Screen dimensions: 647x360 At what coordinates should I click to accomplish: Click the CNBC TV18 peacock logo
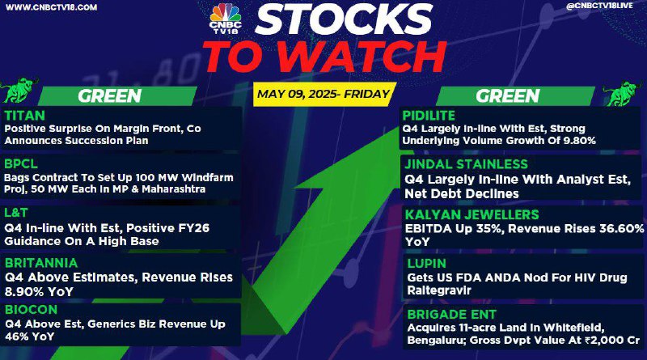[x=226, y=19]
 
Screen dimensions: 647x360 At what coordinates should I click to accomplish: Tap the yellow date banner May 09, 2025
[x=324, y=94]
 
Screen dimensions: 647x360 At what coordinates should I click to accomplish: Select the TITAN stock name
[x=25, y=116]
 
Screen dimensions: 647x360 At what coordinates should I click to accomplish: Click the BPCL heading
[x=21, y=164]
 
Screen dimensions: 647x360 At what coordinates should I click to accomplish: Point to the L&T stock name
[x=16, y=213]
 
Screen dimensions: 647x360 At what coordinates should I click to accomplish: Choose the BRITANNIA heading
[x=41, y=263]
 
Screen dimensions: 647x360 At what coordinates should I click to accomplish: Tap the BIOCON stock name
[x=32, y=310]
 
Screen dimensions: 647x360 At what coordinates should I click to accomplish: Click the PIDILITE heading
[x=429, y=116]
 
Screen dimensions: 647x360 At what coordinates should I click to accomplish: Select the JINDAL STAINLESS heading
[x=467, y=164]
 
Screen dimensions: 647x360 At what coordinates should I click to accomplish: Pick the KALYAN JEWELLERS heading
[x=472, y=214]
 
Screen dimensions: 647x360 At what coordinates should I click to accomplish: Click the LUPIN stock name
[x=427, y=264]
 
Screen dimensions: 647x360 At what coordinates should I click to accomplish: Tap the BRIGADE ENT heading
[x=452, y=315]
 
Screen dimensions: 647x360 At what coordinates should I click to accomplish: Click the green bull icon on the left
[x=19, y=90]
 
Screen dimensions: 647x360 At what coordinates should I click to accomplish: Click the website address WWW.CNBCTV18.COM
[x=52, y=7]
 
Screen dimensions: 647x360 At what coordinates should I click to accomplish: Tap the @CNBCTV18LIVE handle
[x=599, y=6]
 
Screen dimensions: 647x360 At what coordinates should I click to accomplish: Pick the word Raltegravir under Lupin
[x=439, y=290]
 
